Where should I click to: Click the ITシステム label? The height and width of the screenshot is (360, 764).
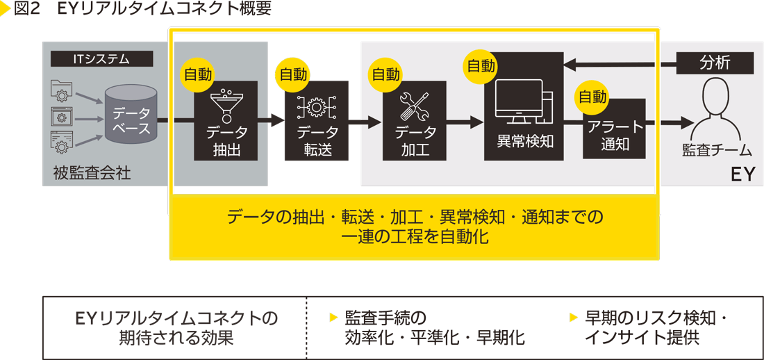pyautogui.click(x=101, y=59)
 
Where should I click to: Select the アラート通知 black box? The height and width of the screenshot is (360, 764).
pyautogui.click(x=614, y=132)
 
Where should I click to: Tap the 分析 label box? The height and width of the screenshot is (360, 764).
pyautogui.click(x=715, y=63)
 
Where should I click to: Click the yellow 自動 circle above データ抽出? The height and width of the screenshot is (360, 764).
pyautogui.click(x=197, y=74)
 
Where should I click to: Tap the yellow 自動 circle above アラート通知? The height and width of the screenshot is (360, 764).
pyautogui.click(x=592, y=97)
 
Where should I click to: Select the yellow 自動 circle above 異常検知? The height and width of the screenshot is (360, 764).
pyautogui.click(x=481, y=66)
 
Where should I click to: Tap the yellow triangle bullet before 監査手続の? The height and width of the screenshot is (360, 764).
pyautogui.click(x=333, y=318)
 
